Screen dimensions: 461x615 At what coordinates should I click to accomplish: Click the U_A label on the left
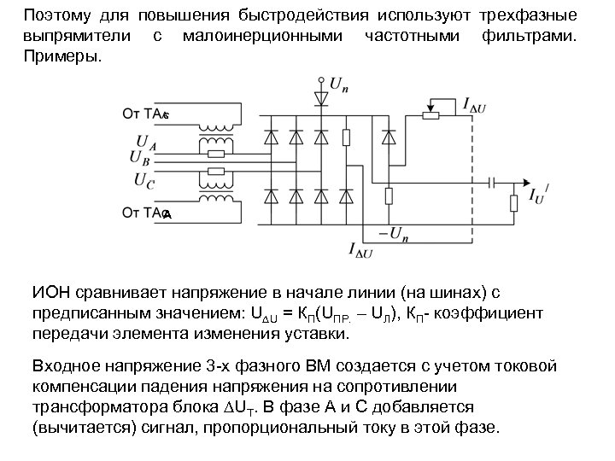tap(138, 145)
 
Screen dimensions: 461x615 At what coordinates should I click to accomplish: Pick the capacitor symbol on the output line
tap(492, 182)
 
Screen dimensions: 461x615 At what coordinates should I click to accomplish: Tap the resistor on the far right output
tap(514, 203)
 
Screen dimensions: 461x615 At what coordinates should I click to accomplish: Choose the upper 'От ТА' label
tap(145, 113)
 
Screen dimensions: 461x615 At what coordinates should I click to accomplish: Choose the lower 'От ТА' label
tap(145, 212)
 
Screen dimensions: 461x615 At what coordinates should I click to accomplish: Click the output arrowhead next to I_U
tap(520, 182)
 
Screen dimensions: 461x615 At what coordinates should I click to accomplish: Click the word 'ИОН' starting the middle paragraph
tap(50, 293)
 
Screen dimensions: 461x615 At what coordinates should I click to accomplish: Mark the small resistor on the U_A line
tap(217, 155)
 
